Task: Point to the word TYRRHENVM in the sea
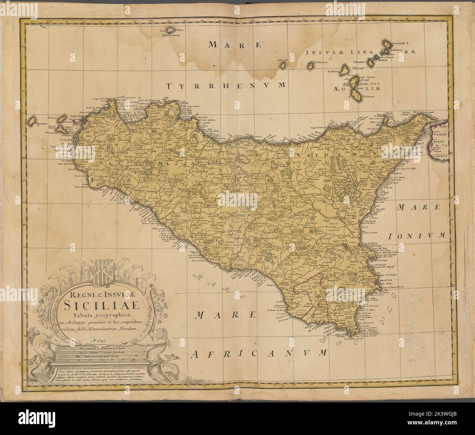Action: [x=225, y=86]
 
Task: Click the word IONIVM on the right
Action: [x=422, y=236]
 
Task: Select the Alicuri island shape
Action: [x=283, y=66]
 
